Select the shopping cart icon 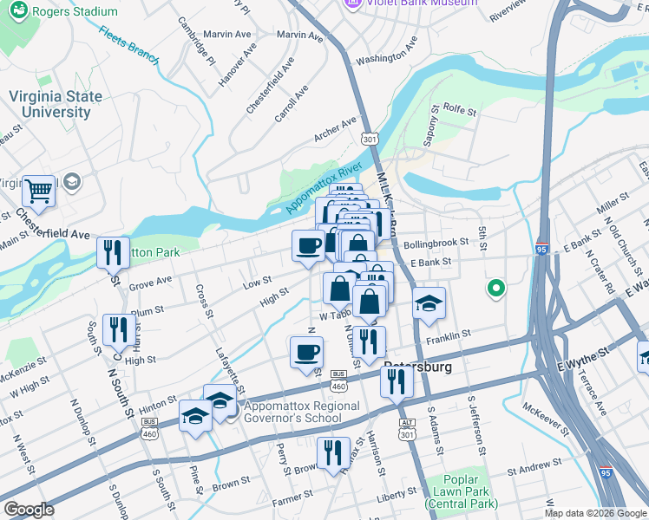click(38, 189)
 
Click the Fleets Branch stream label click(128, 46)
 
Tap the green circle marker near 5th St click(495, 288)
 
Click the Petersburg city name click(417, 367)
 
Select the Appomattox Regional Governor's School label click(301, 412)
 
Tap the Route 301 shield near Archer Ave click(370, 140)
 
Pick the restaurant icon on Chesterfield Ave click(113, 252)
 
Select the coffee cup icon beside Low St click(308, 245)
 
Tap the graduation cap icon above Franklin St click(429, 303)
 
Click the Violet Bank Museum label click(411, 3)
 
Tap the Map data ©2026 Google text click(594, 513)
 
